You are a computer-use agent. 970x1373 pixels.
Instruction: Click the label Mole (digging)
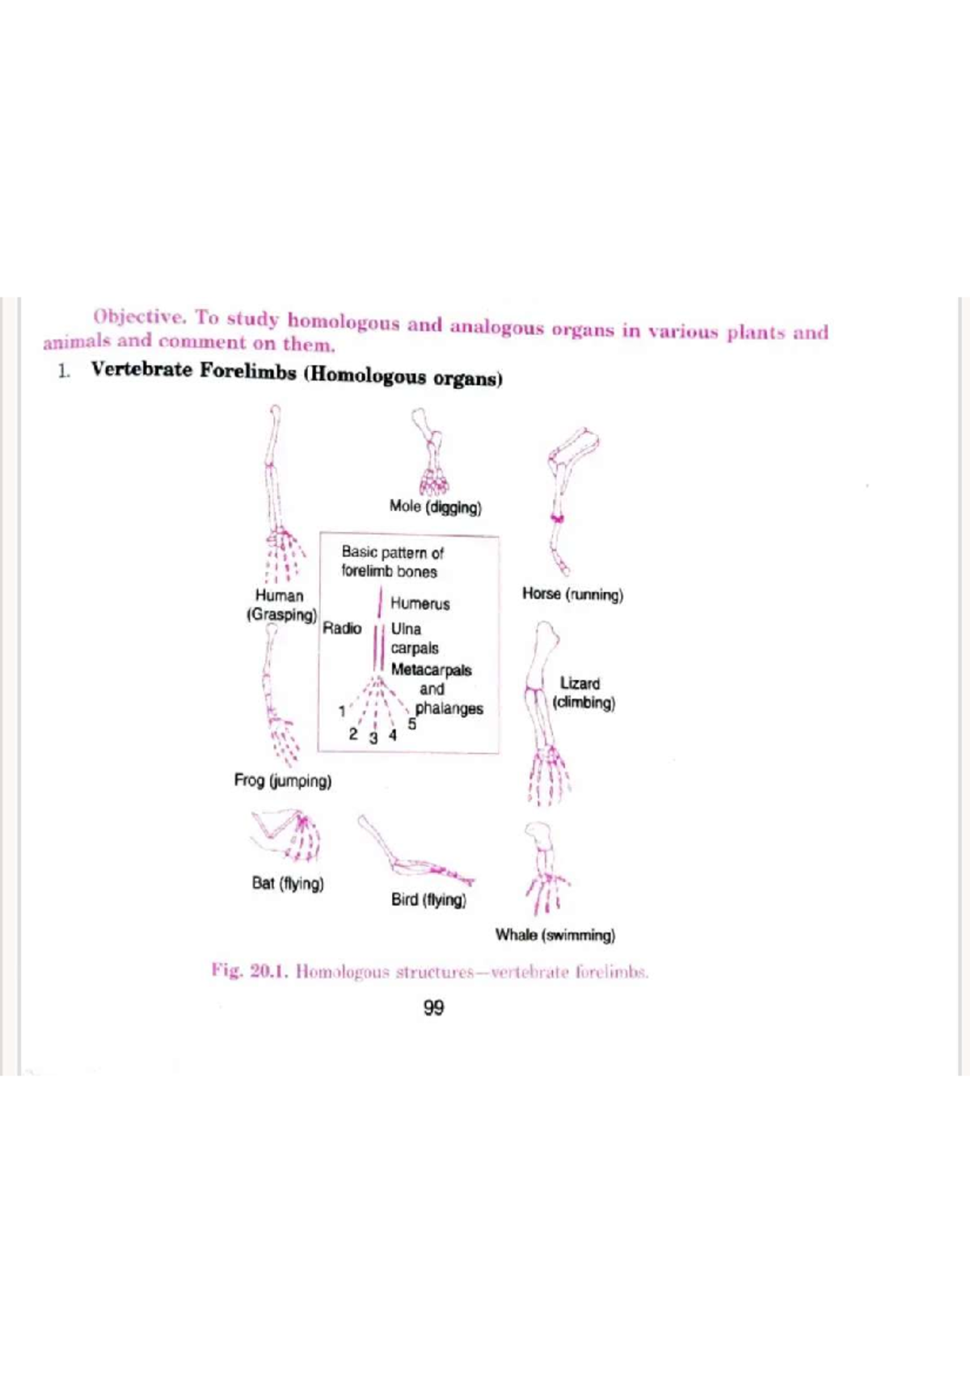tap(435, 507)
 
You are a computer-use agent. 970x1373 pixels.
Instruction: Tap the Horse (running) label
tap(572, 594)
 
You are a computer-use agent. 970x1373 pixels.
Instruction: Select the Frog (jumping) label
tap(282, 780)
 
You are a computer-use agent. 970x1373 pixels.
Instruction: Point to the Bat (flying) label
tap(288, 883)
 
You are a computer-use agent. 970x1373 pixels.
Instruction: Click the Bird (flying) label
tap(428, 899)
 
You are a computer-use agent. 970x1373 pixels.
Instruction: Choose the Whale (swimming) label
tap(555, 935)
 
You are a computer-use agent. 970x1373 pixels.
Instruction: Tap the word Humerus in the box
tap(420, 603)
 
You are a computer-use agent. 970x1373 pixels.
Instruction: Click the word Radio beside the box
tap(342, 628)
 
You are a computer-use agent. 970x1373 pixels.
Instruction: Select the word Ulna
tap(406, 628)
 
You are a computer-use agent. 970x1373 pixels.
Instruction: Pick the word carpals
tap(415, 648)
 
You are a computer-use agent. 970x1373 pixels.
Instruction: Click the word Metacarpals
tap(431, 670)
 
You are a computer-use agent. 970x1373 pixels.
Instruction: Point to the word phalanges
tap(449, 708)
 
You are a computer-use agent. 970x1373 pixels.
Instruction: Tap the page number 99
tap(433, 1008)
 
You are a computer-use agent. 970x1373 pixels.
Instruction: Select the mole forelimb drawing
tap(431, 453)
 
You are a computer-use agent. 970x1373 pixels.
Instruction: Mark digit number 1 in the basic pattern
tap(342, 712)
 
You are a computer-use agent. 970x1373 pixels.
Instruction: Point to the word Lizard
tap(580, 683)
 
